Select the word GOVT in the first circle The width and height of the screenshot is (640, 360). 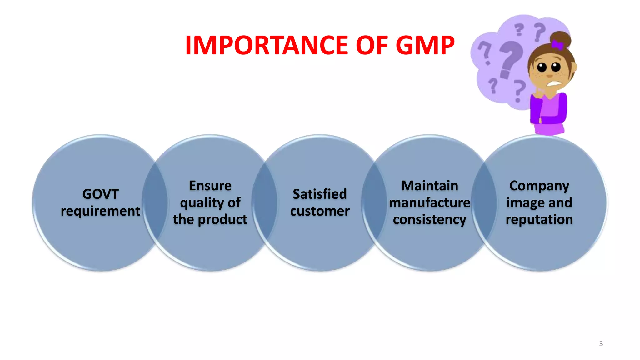click(100, 194)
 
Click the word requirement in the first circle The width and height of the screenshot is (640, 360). click(100, 211)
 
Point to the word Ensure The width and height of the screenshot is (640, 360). click(210, 186)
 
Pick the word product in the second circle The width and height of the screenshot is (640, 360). click(222, 219)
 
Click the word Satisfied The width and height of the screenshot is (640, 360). click(320, 194)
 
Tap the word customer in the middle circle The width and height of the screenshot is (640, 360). click(320, 211)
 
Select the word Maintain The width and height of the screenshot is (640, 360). click(430, 186)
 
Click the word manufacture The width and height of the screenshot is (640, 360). click(430, 203)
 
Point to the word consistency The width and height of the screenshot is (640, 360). click(430, 220)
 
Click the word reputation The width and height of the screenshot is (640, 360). click(539, 220)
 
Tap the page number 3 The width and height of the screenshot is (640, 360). click(601, 344)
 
